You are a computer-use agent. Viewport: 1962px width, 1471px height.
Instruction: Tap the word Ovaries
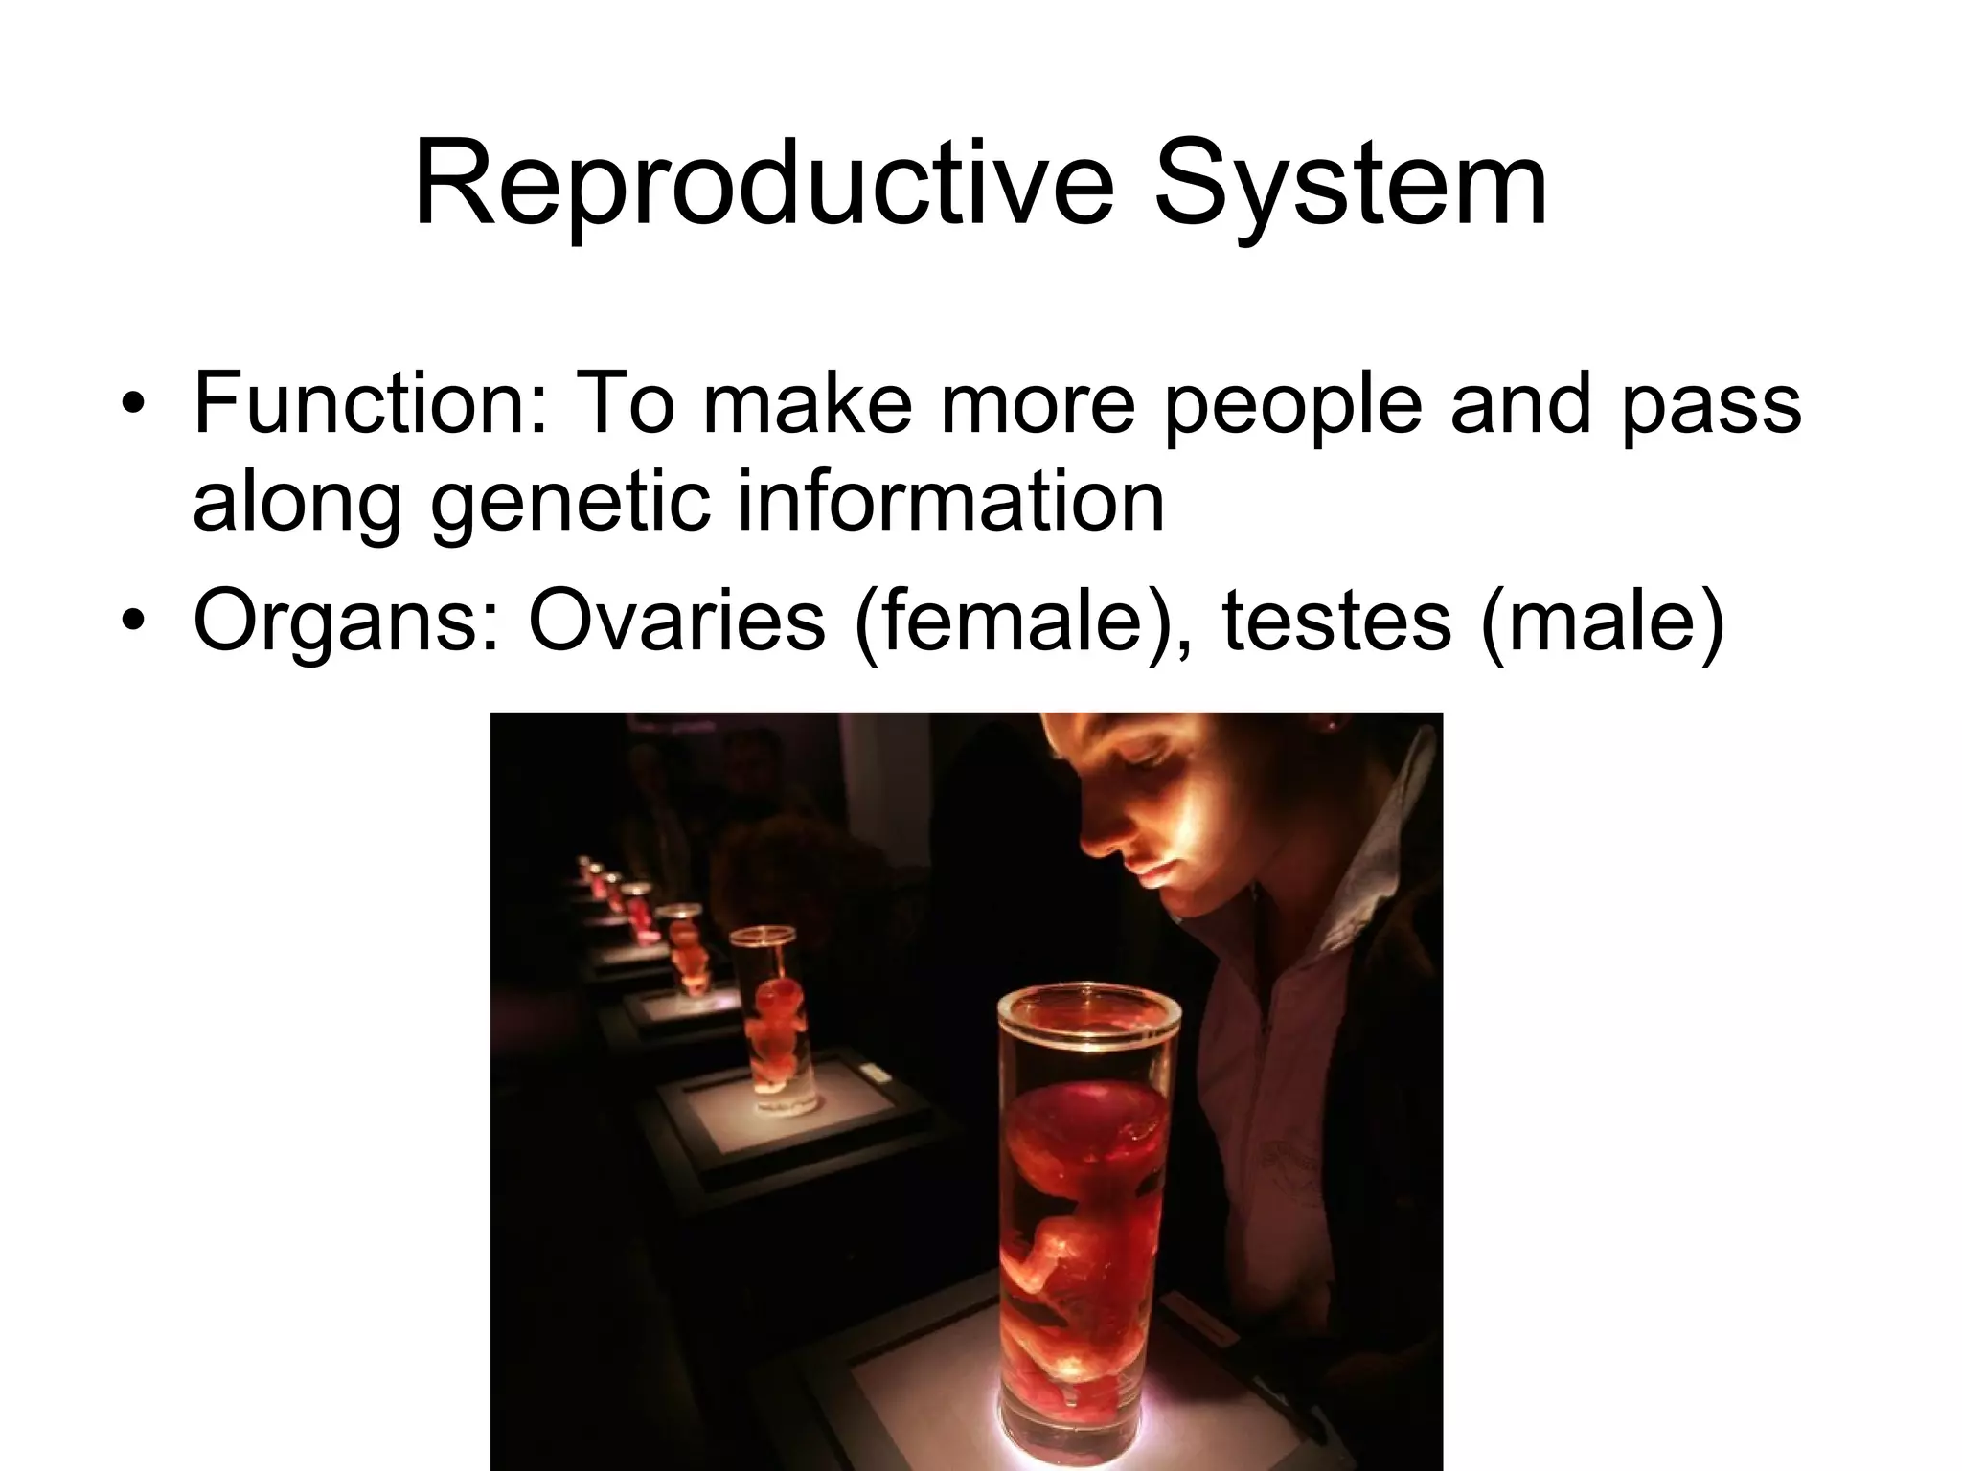point(676,621)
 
